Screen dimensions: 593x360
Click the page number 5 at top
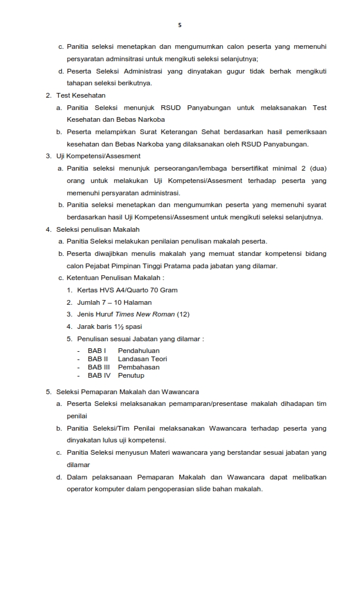pyautogui.click(x=179, y=25)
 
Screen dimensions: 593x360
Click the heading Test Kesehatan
pyautogui.click(x=81, y=95)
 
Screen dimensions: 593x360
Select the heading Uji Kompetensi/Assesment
pyautogui.click(x=98, y=156)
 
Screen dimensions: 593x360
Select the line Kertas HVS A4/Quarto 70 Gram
pyautogui.click(x=127, y=290)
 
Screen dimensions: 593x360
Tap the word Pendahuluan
pyautogui.click(x=138, y=351)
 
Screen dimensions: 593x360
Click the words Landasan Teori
pyautogui.click(x=142, y=359)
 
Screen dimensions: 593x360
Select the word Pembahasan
pyautogui.click(x=138, y=367)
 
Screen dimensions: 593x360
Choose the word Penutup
pyautogui.click(x=131, y=375)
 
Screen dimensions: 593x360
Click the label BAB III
pyautogui.click(x=99, y=367)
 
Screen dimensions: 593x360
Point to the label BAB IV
pyautogui.click(x=99, y=375)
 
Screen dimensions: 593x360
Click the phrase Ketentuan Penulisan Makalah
pyautogui.click(x=115, y=278)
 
